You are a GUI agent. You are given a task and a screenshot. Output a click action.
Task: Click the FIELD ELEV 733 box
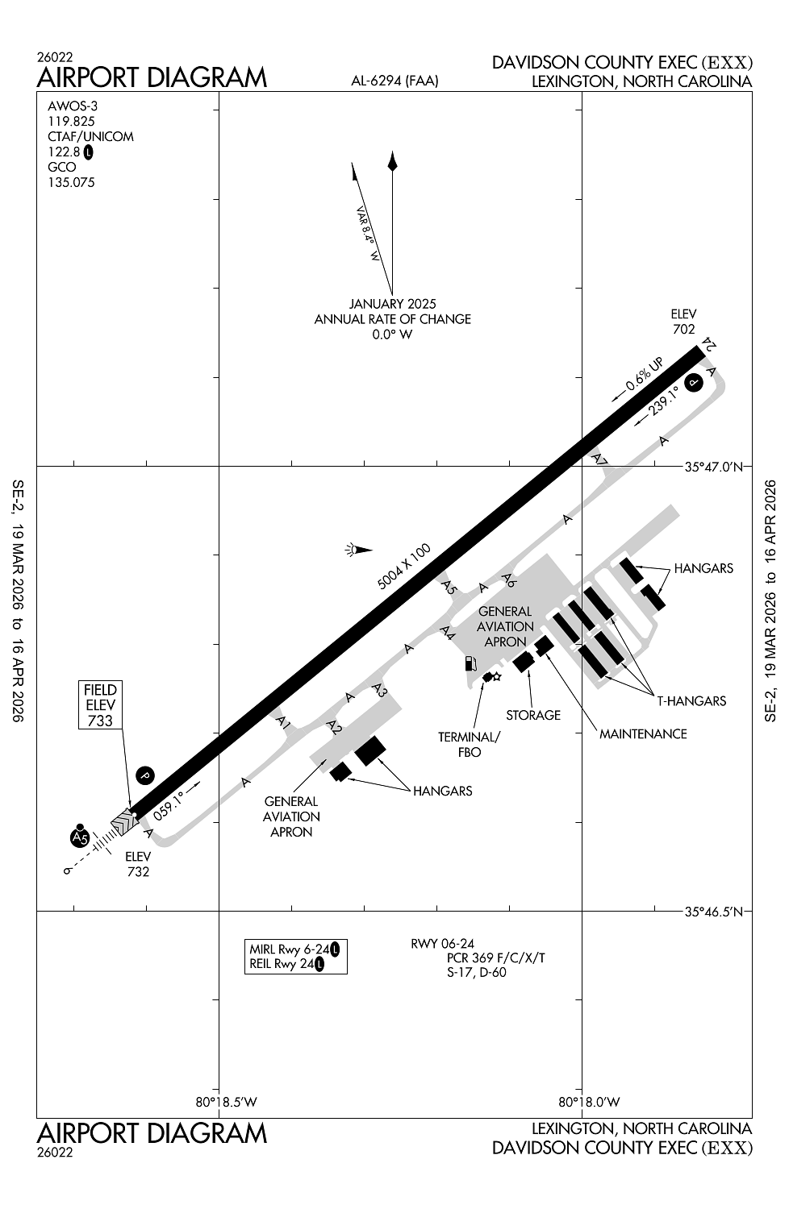tap(100, 705)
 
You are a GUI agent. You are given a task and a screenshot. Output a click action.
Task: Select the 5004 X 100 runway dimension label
tap(404, 567)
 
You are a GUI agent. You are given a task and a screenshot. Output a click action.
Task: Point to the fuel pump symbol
tap(469, 664)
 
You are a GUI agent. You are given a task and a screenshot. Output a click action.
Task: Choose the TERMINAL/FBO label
tap(469, 744)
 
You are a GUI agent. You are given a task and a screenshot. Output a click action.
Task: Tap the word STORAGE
tap(533, 715)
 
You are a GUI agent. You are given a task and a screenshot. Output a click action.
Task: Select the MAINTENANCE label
tap(643, 733)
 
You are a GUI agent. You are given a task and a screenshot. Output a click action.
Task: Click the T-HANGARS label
tap(691, 700)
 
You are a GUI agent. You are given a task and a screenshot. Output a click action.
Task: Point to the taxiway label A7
tap(599, 459)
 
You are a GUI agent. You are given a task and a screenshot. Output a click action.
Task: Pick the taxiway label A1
tap(282, 722)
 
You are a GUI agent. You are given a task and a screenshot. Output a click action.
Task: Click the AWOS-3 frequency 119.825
tap(71, 121)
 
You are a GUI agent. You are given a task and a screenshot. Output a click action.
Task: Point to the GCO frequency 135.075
tap(71, 182)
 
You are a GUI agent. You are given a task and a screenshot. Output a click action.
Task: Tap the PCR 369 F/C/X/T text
tap(496, 958)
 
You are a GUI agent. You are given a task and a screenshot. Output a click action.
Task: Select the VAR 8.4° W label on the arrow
tap(368, 235)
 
